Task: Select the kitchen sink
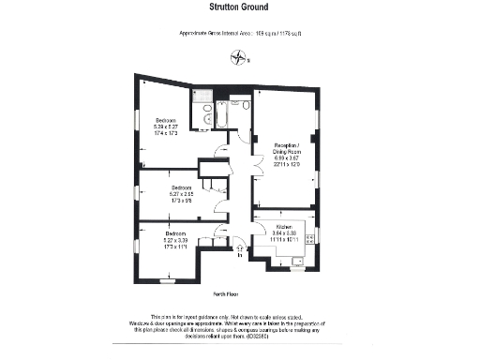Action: click(x=297, y=260)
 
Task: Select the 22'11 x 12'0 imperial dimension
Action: click(x=286, y=165)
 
